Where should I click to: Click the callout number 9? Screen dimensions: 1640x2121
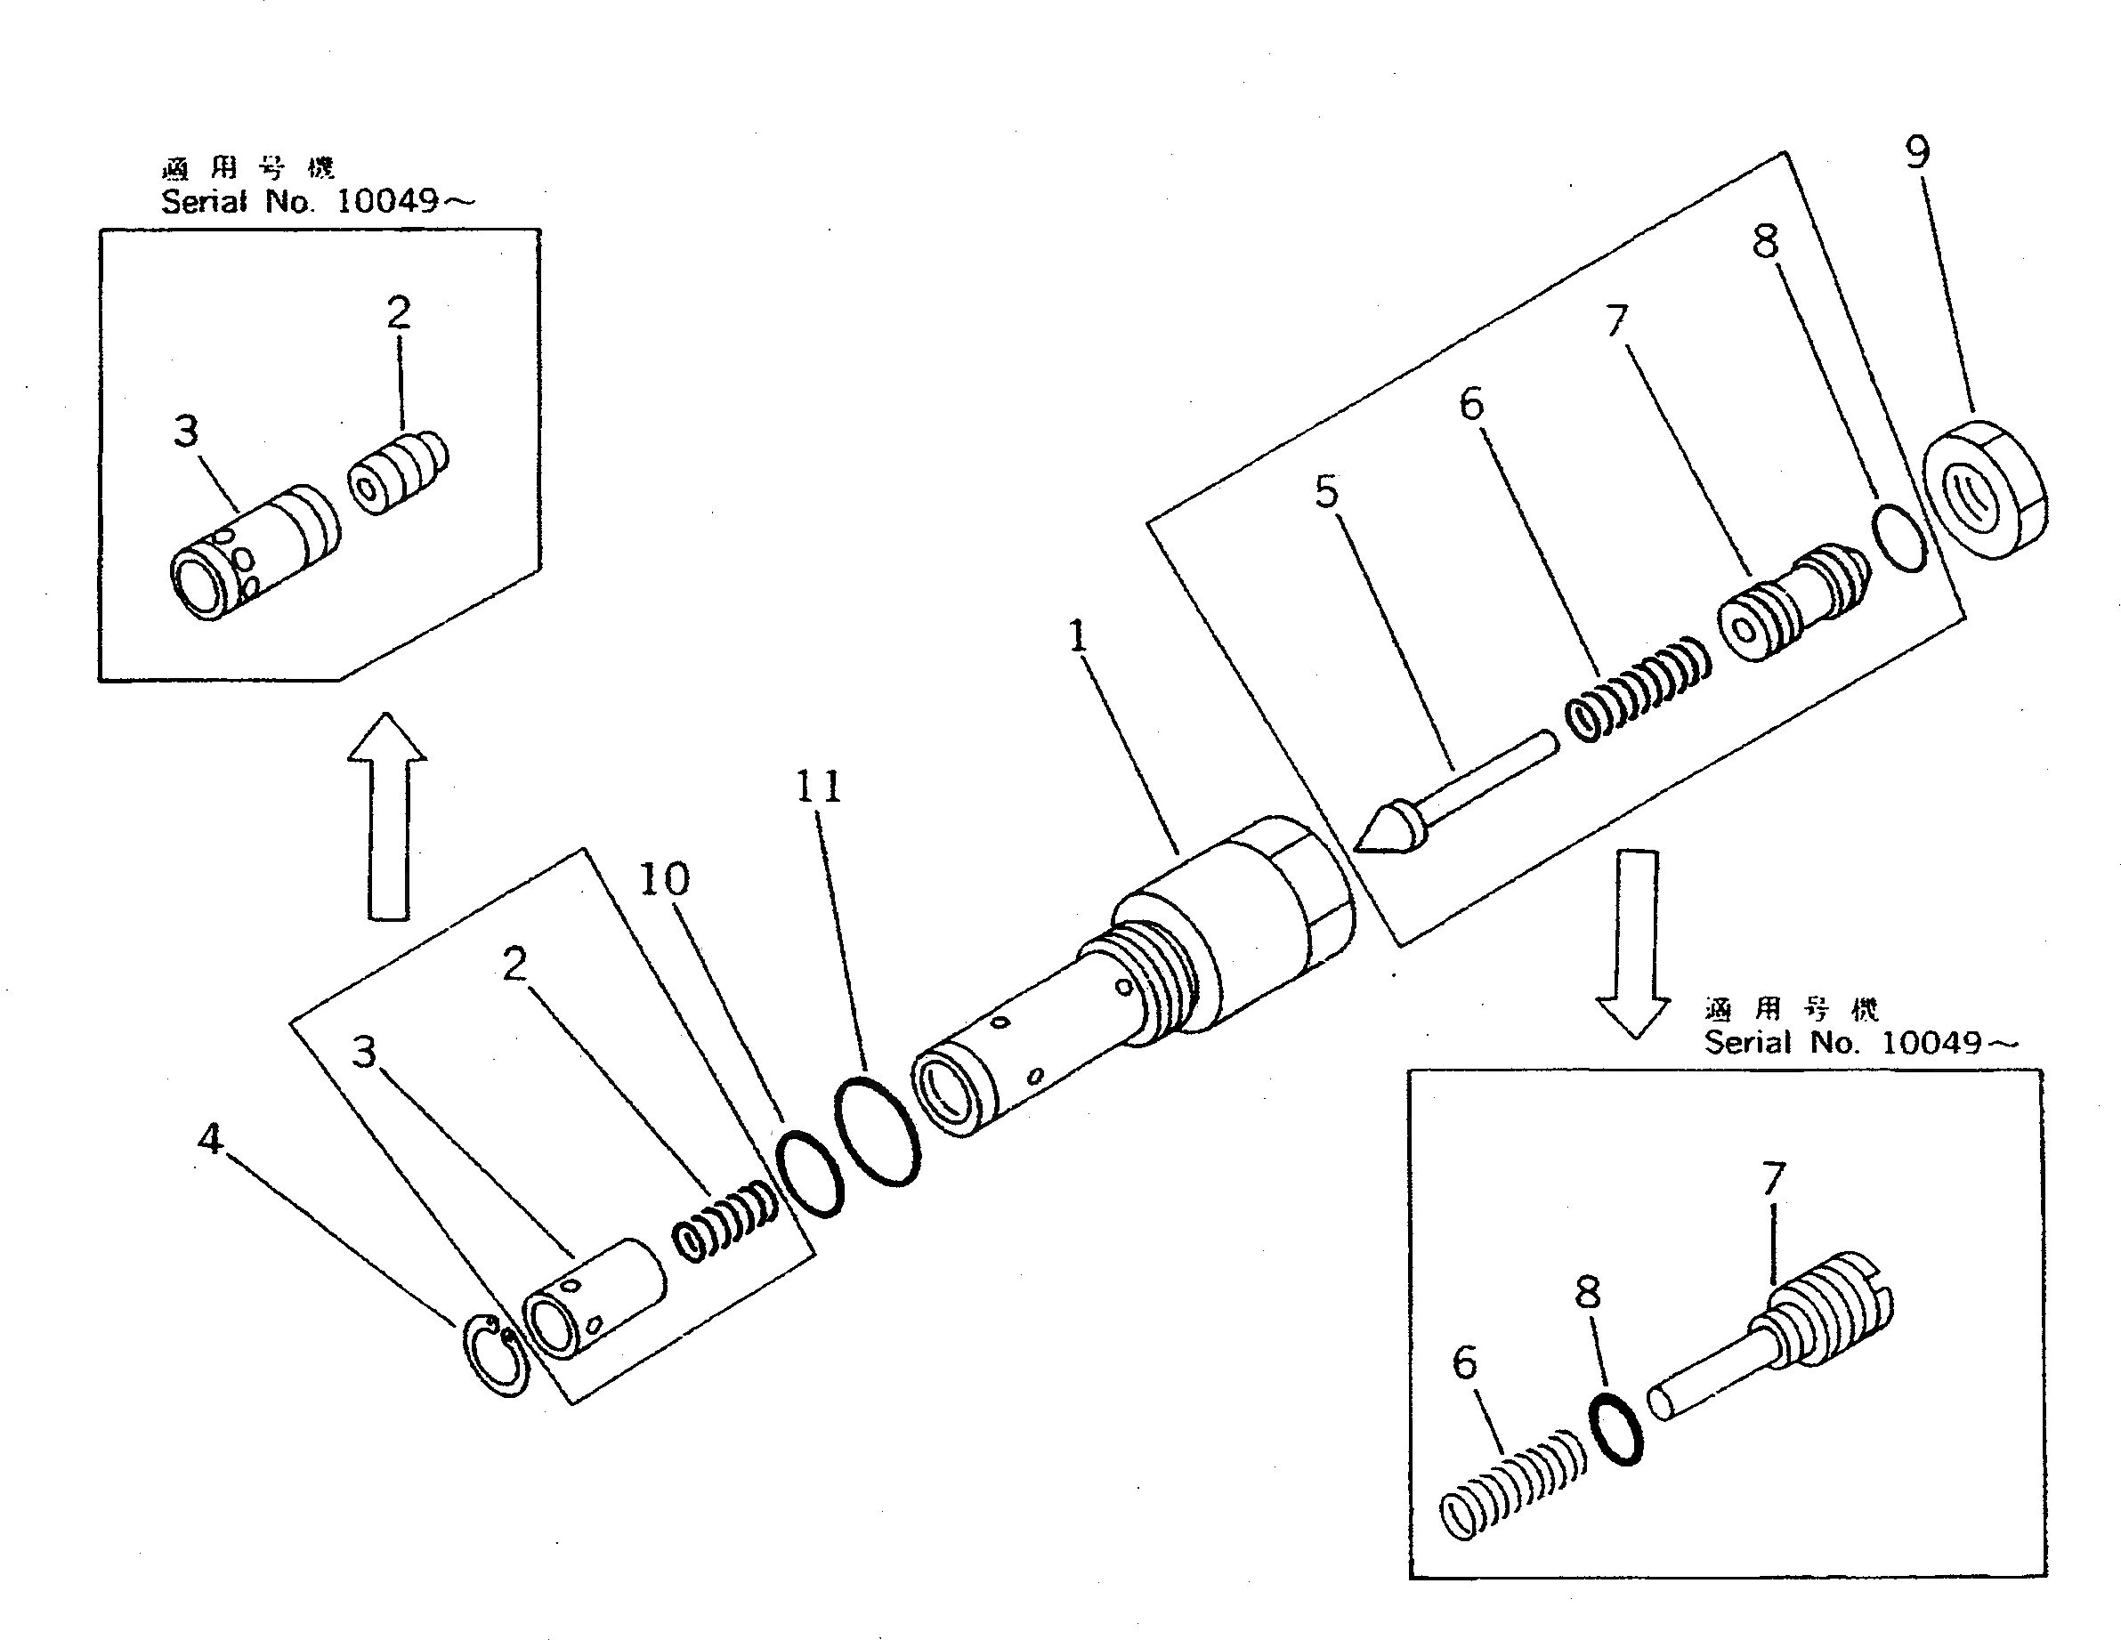coord(1916,151)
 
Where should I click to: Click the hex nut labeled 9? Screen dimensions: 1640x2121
coord(1984,490)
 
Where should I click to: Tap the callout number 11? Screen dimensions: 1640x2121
coord(818,787)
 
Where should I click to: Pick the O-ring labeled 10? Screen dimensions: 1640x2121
coord(810,1173)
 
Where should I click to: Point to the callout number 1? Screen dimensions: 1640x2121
coord(1078,637)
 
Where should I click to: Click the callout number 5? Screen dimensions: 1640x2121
coord(1325,491)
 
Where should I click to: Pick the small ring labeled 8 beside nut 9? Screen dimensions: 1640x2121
coord(1899,537)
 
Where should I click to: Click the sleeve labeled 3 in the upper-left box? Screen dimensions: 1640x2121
coord(255,554)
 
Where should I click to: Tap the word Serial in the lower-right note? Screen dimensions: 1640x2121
coord(1748,1043)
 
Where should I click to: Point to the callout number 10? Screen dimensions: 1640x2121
coord(664,879)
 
